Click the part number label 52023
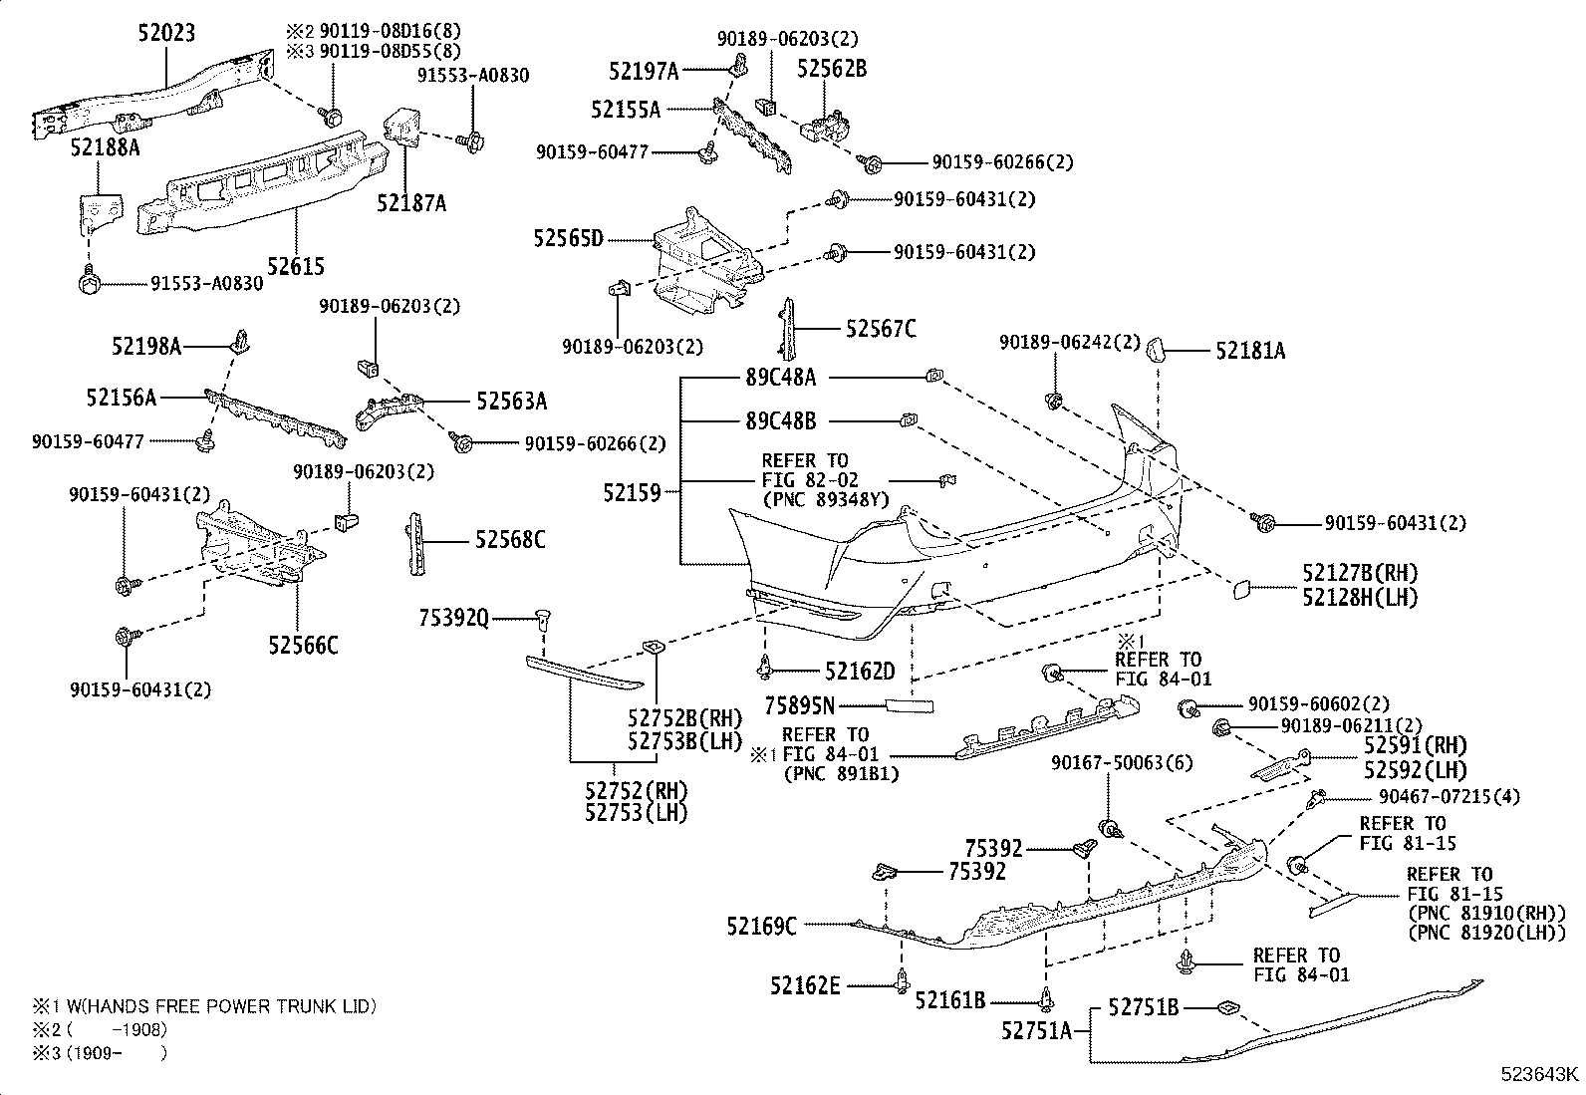click(166, 33)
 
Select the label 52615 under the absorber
click(295, 266)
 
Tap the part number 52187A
click(411, 203)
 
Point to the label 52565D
click(569, 238)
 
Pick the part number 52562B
click(832, 68)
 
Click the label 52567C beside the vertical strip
click(881, 328)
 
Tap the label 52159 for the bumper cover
click(632, 491)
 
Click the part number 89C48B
click(780, 420)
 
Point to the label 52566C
click(303, 645)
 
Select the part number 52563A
click(511, 401)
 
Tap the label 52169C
click(761, 927)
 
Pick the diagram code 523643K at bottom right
click(1541, 1074)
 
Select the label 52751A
click(1037, 1030)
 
